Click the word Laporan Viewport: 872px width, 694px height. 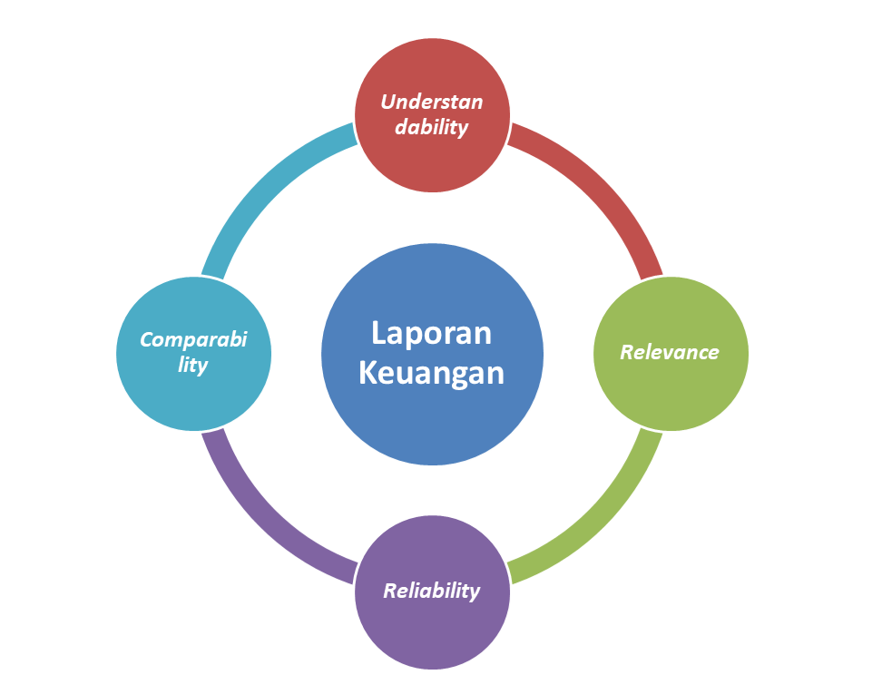click(431, 333)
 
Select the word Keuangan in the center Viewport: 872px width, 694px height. click(431, 373)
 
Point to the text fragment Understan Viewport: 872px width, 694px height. click(431, 102)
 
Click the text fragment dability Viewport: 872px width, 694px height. click(431, 126)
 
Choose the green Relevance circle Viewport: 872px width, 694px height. click(671, 390)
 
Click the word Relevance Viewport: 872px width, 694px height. click(670, 352)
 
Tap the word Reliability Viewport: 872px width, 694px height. click(431, 591)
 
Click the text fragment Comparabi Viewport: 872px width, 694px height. click(193, 340)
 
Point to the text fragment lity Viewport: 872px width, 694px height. click(193, 366)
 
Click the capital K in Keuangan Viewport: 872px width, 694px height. click(367, 373)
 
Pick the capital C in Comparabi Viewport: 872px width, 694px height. click(146, 340)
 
